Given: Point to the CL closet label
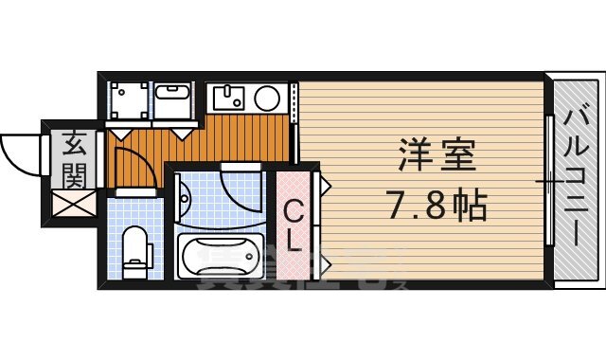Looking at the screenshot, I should [294, 225].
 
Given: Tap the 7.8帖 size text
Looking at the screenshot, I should [437, 203].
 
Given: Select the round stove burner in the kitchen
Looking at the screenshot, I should [267, 97].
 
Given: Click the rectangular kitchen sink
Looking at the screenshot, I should [229, 97].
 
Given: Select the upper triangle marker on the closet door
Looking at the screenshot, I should [322, 186].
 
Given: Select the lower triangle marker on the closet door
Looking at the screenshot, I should [322, 258].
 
